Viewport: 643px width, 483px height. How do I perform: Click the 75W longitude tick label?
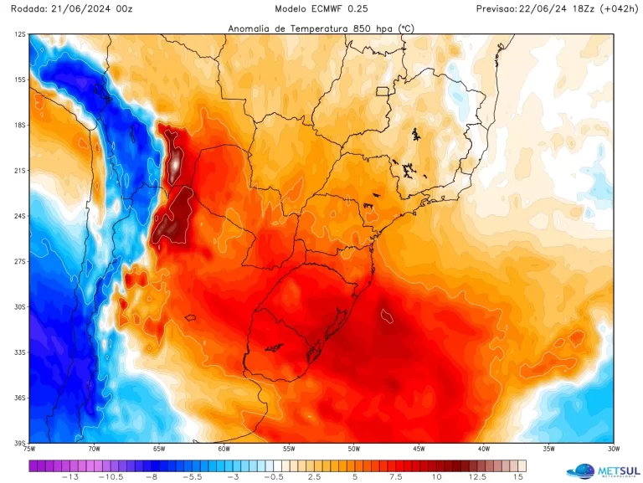click(x=29, y=449)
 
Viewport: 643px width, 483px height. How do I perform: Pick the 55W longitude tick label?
click(x=289, y=449)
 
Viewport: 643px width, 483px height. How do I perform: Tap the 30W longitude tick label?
click(x=614, y=449)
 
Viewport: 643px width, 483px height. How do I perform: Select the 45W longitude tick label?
click(x=419, y=449)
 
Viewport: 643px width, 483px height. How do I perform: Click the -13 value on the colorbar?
click(x=71, y=477)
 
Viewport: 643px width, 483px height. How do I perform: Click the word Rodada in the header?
click(x=28, y=8)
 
